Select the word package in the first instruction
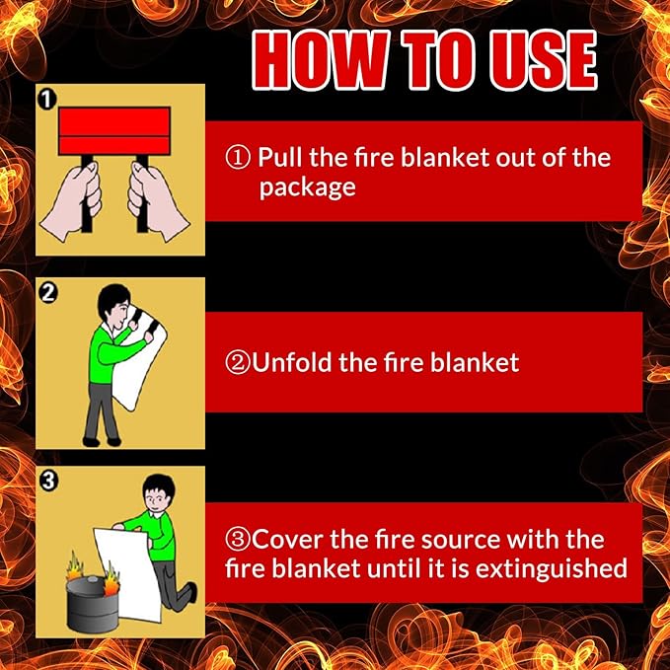pyautogui.click(x=307, y=187)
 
